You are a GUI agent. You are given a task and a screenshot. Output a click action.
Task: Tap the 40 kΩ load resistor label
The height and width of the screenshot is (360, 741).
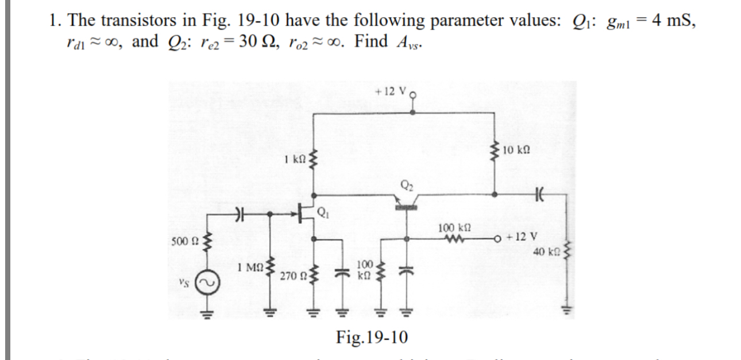coord(545,252)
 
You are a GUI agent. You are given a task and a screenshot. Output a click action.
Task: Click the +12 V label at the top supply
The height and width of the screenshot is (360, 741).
coord(391,92)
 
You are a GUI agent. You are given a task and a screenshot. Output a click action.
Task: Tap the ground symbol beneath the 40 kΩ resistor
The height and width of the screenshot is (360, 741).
coord(567,311)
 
